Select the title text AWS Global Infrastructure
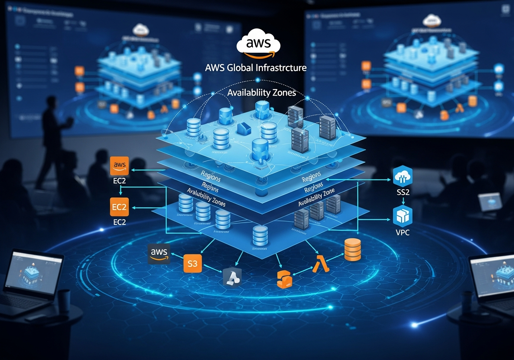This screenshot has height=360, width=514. point(256,67)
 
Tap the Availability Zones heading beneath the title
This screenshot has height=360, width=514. point(261,92)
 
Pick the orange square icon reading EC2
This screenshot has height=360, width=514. point(120,207)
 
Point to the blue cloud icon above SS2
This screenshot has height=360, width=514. point(402,176)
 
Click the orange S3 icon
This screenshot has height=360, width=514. point(192,264)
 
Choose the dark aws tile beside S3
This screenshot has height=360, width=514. point(159,253)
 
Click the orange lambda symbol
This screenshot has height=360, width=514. point(321,264)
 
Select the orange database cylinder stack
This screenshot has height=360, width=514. point(353,250)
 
